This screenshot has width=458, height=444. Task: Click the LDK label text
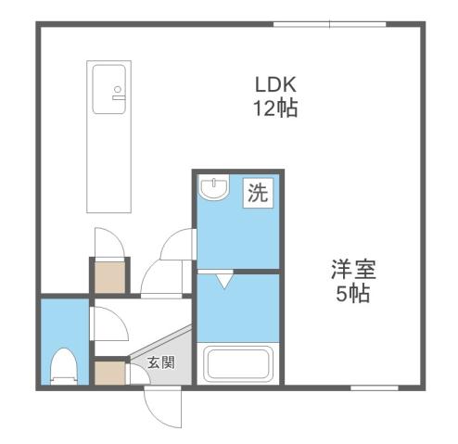(275, 83)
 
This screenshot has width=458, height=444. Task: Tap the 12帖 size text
(275, 108)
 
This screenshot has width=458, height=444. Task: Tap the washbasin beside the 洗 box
(215, 190)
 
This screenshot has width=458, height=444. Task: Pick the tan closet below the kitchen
(108, 275)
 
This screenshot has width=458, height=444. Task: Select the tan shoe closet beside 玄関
(108, 374)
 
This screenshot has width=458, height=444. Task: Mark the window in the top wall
(329, 24)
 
